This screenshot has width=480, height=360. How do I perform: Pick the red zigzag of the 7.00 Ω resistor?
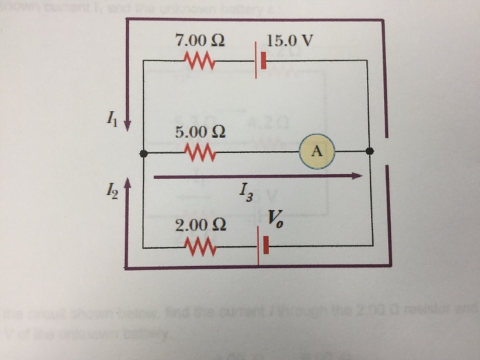(x=200, y=63)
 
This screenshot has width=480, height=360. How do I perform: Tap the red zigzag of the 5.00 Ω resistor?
(x=200, y=152)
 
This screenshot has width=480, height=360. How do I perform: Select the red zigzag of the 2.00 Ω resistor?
(x=200, y=245)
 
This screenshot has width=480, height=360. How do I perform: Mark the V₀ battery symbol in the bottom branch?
(x=261, y=245)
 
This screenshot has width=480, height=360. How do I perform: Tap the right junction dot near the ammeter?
(x=370, y=152)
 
